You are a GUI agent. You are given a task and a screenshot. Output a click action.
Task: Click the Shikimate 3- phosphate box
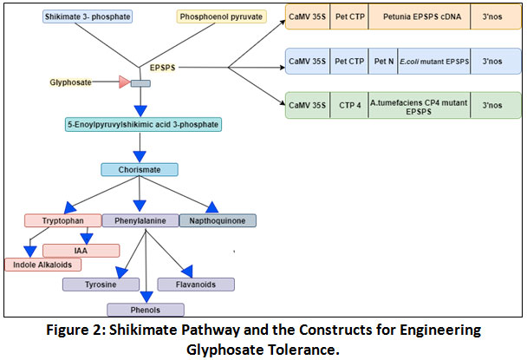(x=88, y=16)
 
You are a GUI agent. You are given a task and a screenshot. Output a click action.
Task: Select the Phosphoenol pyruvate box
(x=222, y=16)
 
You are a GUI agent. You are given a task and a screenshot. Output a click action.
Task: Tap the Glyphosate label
(x=70, y=82)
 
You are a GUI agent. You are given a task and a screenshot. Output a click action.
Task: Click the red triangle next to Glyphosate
(x=124, y=82)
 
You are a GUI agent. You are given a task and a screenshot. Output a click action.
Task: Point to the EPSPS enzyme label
(x=163, y=68)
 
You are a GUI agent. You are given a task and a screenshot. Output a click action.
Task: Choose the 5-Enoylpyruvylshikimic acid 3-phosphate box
(x=143, y=125)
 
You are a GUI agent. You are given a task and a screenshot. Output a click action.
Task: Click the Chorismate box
(x=140, y=169)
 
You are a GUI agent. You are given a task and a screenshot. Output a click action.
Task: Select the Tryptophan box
(x=63, y=220)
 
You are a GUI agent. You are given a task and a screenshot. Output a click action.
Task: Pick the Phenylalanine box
(x=140, y=220)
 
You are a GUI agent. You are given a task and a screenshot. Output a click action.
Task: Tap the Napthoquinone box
(x=218, y=220)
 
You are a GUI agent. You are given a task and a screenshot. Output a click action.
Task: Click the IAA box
(x=81, y=251)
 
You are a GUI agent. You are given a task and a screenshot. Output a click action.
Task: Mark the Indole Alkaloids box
(x=42, y=265)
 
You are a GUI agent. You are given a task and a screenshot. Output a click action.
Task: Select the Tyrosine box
(x=101, y=285)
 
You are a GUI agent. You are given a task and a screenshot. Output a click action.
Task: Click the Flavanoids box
(x=196, y=285)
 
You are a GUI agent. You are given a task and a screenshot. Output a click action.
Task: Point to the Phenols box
(x=146, y=310)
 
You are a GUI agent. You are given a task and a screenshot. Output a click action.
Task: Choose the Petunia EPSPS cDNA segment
(x=420, y=16)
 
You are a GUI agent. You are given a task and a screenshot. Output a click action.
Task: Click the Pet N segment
(x=383, y=62)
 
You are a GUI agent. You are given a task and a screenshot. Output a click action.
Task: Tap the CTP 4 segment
(x=349, y=105)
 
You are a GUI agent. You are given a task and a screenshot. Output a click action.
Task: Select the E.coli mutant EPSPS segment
(x=434, y=62)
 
